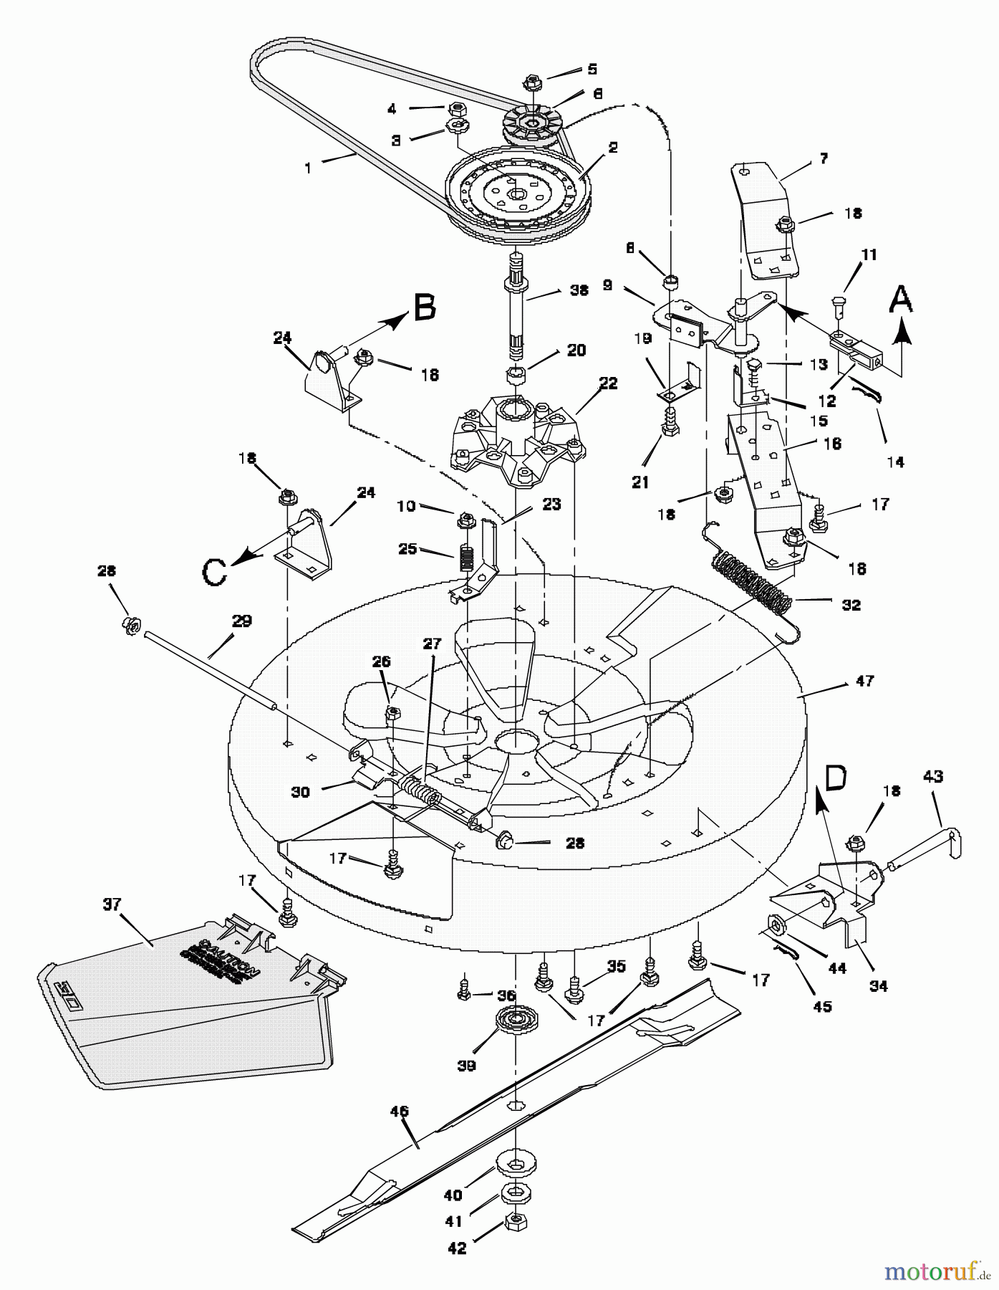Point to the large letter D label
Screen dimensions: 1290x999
[x=836, y=777]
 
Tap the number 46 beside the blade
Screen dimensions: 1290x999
[x=399, y=1112]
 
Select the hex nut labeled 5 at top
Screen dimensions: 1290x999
[x=532, y=82]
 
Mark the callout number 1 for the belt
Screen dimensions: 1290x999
[x=308, y=168]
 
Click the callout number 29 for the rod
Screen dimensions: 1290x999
[x=241, y=621]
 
